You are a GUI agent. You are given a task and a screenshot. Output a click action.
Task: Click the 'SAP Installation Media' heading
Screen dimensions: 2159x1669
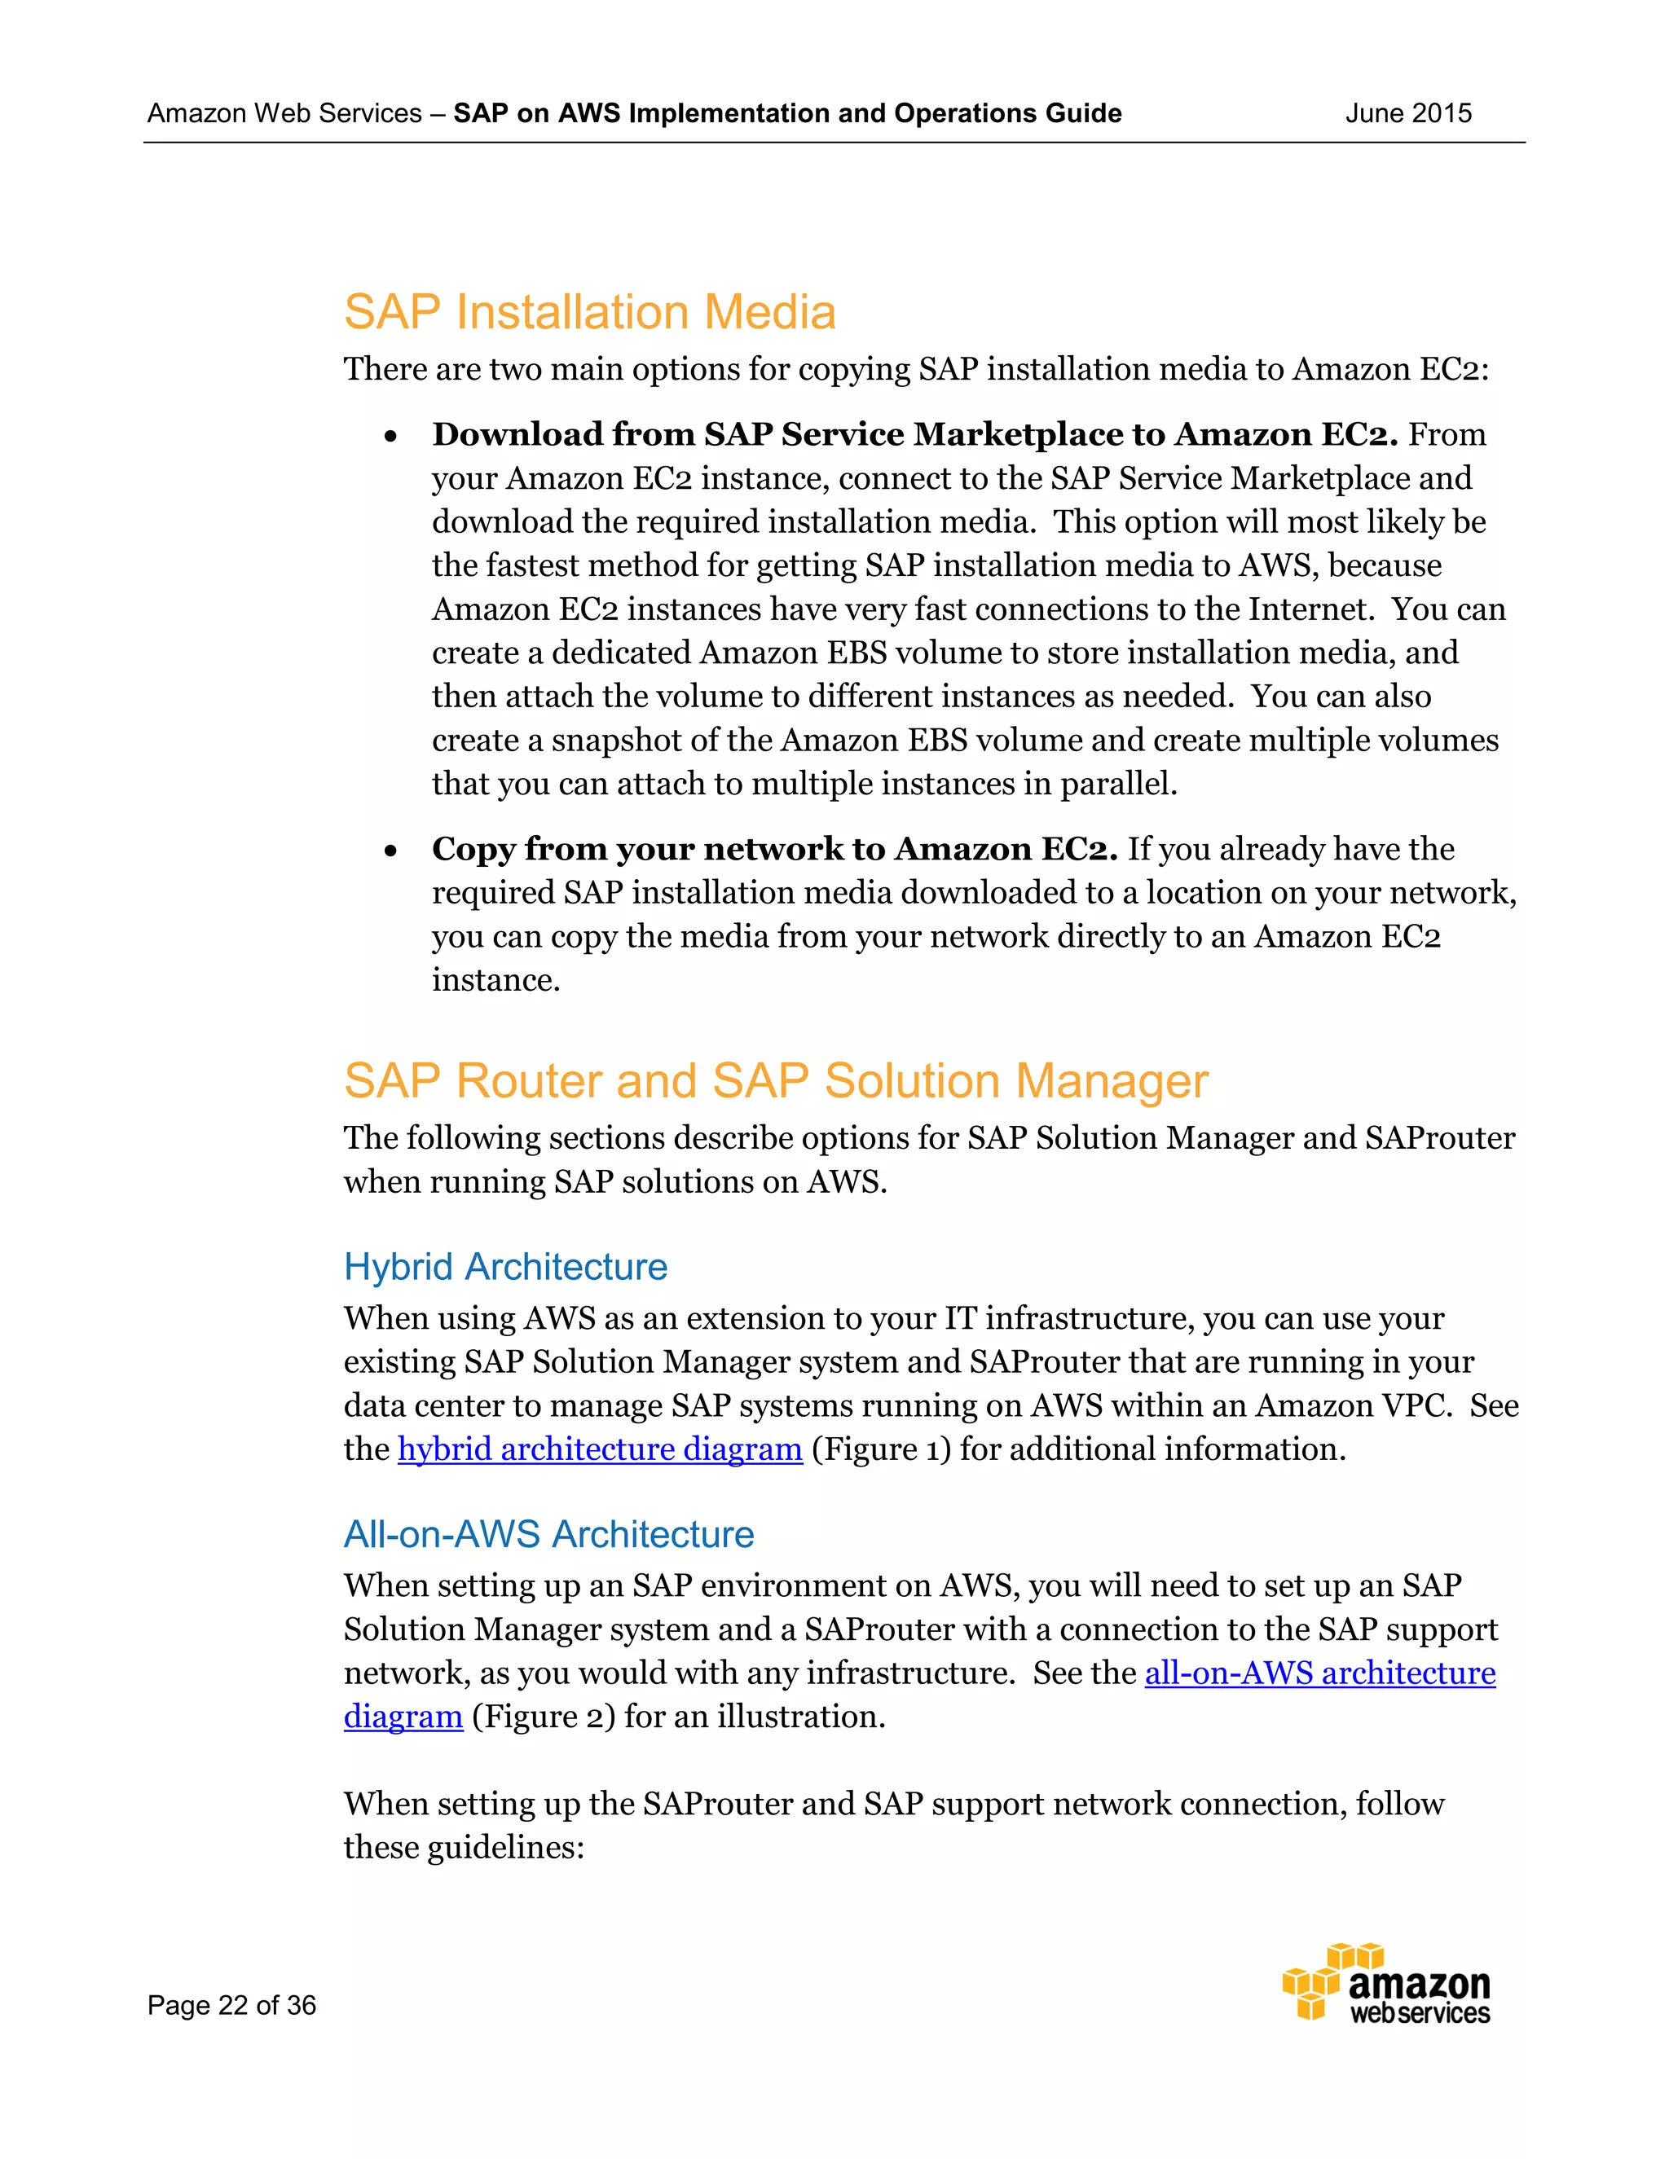589,312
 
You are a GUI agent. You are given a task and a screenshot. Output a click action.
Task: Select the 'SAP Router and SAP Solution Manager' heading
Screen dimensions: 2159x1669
775,1080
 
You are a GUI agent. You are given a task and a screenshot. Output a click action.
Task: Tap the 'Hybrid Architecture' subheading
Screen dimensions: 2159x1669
505,1266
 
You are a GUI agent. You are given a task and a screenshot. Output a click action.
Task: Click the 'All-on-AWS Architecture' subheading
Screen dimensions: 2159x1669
548,1534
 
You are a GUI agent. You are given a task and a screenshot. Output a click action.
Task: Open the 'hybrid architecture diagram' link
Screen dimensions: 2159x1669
599,1449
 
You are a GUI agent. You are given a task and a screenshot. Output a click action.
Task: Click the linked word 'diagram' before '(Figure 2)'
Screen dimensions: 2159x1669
403,1717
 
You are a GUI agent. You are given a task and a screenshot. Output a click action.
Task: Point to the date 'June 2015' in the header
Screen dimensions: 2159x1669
1408,114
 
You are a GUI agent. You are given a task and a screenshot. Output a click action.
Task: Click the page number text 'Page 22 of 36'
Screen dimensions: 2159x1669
231,2005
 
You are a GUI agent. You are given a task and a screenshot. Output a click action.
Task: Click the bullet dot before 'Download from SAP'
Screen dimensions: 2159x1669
391,436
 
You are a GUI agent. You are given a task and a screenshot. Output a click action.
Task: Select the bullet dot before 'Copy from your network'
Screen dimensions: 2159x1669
391,850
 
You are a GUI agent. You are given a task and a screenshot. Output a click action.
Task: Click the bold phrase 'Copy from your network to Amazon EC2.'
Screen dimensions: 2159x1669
774,849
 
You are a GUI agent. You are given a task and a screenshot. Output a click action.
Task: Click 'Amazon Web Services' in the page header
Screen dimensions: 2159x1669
284,114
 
